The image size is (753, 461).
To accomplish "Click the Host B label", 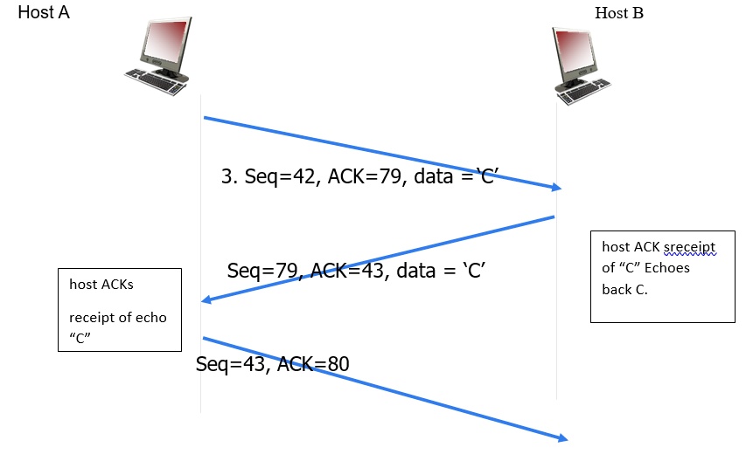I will click(618, 13).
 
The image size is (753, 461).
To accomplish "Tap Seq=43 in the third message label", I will click(230, 364).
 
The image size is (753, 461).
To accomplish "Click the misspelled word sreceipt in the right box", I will click(689, 248).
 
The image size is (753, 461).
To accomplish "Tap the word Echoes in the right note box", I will click(669, 268).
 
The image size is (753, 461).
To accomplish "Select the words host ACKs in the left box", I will click(101, 285).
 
